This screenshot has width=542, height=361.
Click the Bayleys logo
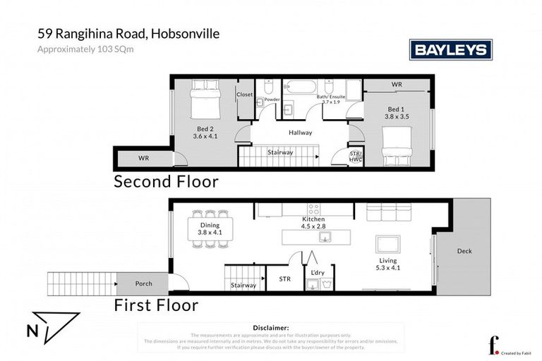(x=451, y=49)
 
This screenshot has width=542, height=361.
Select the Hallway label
(x=300, y=133)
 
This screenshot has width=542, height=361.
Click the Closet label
(x=245, y=94)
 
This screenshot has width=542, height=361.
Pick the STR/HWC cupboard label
(x=356, y=157)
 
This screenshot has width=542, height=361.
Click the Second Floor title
(x=166, y=182)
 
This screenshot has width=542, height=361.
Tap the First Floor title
(x=156, y=305)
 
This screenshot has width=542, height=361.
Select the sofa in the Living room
(x=386, y=212)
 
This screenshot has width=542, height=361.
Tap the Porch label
(x=143, y=283)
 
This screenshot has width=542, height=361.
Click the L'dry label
(x=318, y=271)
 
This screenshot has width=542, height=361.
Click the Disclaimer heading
(x=270, y=328)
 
